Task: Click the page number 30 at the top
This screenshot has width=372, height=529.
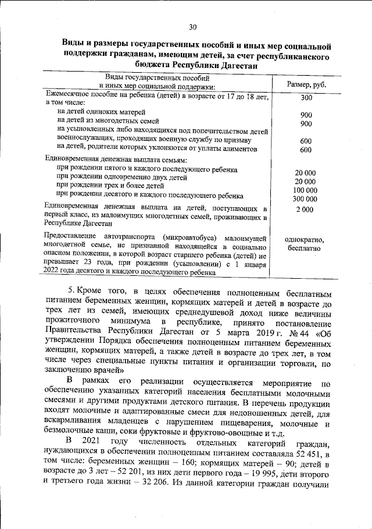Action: tap(193, 26)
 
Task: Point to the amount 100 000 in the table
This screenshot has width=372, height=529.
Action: tap(305, 190)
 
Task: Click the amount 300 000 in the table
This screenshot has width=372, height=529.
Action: tap(305, 199)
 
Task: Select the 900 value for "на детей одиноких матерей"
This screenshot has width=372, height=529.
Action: tap(306, 115)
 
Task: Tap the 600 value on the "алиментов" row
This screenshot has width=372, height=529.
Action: tap(306, 150)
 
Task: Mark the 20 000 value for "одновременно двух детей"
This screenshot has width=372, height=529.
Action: tap(305, 182)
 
